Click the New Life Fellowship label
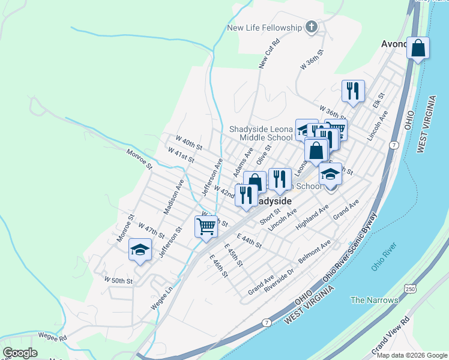click(x=264, y=28)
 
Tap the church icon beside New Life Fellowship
click(x=311, y=26)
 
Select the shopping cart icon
click(x=206, y=227)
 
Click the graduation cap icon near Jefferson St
click(x=140, y=250)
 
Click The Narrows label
click(x=374, y=300)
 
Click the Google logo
click(x=20, y=353)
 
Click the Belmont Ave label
click(x=314, y=250)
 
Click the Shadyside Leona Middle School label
click(x=261, y=133)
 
